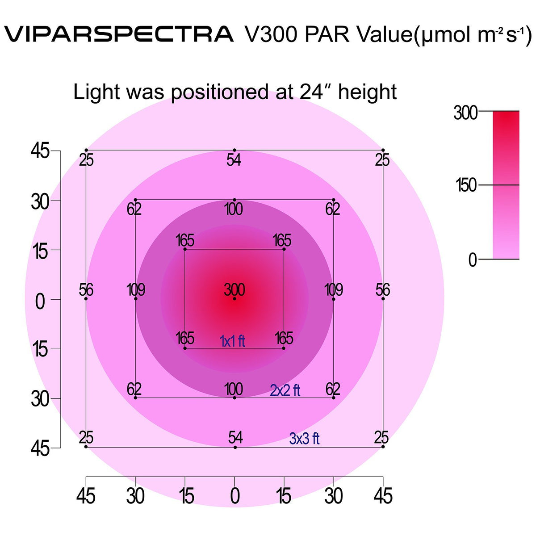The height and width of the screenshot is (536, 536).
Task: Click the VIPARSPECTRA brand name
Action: (x=119, y=34)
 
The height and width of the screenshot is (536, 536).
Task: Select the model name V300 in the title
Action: (x=271, y=34)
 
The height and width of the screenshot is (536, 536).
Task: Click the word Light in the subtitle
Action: (x=97, y=92)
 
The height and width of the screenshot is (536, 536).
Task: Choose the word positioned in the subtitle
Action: (x=219, y=93)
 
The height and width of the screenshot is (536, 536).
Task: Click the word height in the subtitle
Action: (x=367, y=93)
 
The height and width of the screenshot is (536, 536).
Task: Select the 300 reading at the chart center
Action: (x=234, y=290)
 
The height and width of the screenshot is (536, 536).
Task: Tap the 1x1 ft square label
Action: (x=232, y=341)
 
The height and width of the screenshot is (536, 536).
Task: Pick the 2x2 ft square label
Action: (x=285, y=390)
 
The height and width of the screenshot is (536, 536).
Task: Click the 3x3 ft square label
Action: (x=304, y=439)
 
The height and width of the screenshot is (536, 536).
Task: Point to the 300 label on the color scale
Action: (x=465, y=113)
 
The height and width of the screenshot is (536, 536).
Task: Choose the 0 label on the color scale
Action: (x=473, y=260)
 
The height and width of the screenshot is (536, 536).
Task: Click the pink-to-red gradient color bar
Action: (x=506, y=185)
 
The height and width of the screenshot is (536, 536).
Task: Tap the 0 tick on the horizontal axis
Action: (x=234, y=496)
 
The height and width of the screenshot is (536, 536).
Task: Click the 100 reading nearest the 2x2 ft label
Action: (x=234, y=389)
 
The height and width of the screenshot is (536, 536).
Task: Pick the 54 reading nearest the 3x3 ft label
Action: (x=235, y=438)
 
